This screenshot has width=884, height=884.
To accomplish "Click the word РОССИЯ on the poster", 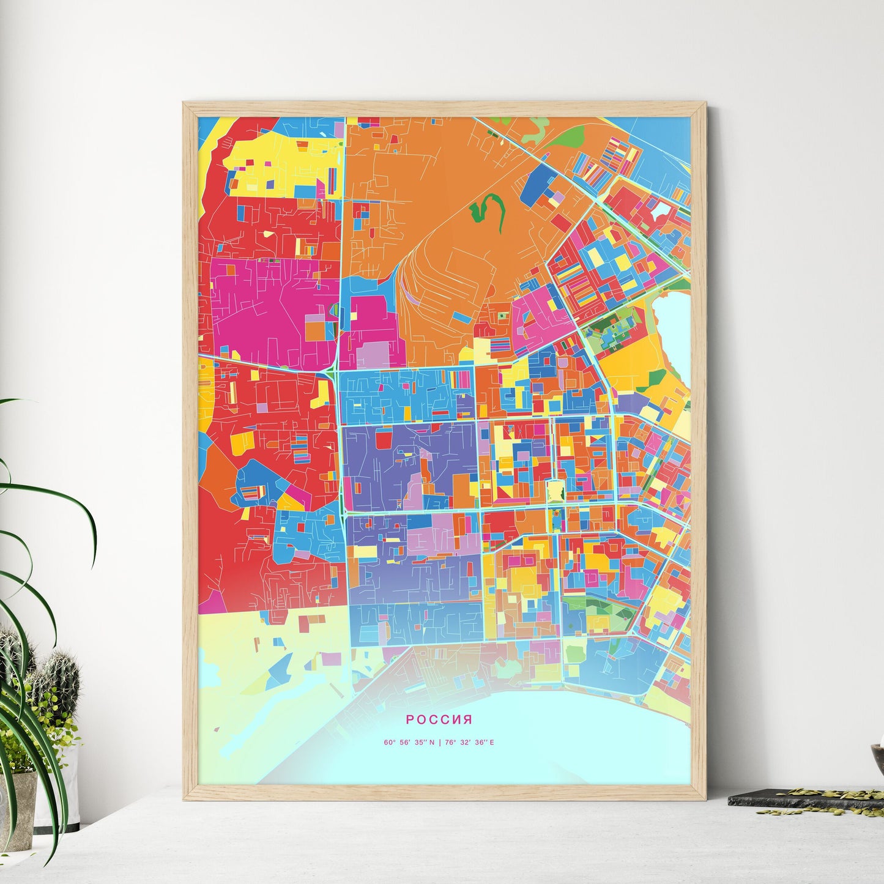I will [x=439, y=719].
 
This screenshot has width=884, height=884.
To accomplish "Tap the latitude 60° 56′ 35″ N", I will [x=409, y=743].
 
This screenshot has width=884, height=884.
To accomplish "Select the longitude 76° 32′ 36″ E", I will [x=469, y=743].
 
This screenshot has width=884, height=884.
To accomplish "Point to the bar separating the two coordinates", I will [x=439, y=743].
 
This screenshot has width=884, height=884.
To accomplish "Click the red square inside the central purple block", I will [x=384, y=440].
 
